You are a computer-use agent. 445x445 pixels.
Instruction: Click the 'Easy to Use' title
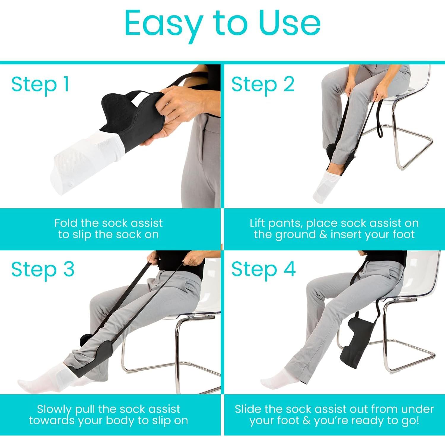coord(223,24)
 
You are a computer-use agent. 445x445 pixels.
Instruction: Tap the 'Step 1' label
coord(40,84)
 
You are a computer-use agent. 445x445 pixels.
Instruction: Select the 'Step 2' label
coord(263,84)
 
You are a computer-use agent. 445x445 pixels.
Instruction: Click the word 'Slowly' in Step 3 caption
coord(54,409)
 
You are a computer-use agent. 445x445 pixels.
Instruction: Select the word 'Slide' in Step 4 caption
coord(248,409)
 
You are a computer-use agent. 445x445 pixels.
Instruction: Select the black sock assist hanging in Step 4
coord(359,341)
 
